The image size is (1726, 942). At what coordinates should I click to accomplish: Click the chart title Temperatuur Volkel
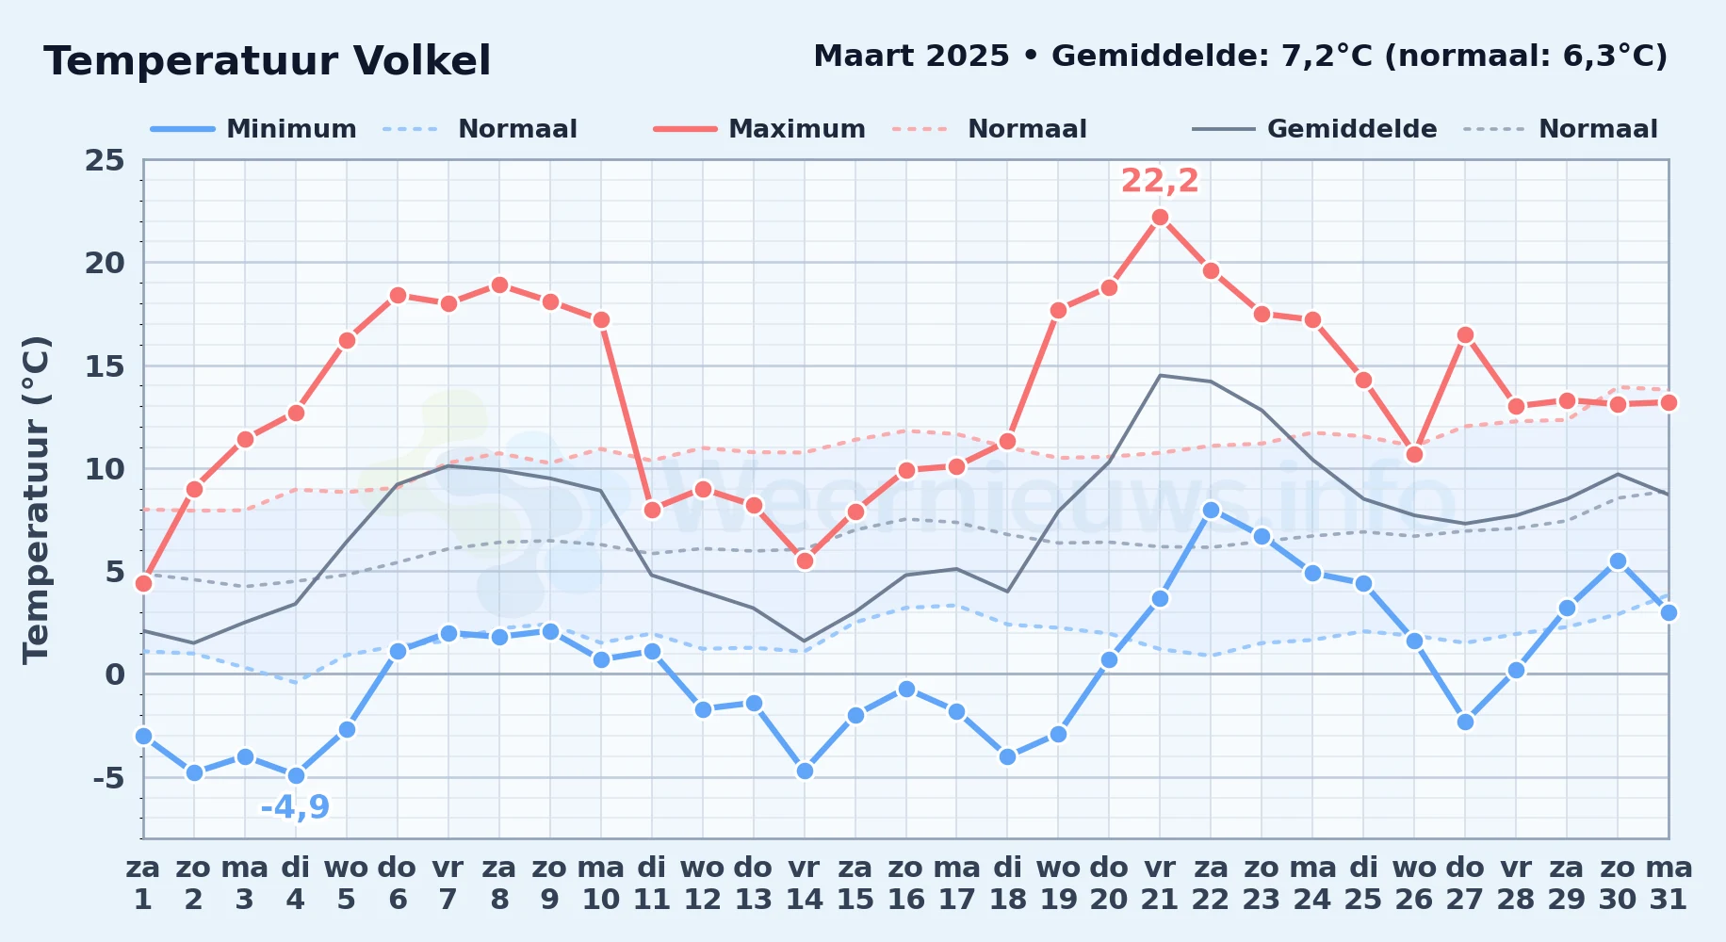(x=267, y=61)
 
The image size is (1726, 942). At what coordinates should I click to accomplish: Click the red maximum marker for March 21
(x=1160, y=217)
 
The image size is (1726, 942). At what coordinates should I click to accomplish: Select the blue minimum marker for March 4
(x=296, y=775)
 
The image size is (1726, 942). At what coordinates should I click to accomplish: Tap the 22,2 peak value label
(x=1160, y=181)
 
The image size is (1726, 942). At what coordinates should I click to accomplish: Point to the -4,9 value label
(x=295, y=807)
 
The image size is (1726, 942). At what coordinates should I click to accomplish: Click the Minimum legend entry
(x=253, y=129)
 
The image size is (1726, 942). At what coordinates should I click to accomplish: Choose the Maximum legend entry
(x=759, y=129)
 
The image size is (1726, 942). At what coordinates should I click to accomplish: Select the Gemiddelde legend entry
(x=1314, y=129)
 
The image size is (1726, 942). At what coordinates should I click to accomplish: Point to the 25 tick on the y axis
(x=105, y=160)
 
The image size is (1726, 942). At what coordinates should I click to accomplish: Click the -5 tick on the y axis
(x=108, y=777)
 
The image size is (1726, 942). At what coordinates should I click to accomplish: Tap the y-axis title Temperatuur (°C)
(x=36, y=499)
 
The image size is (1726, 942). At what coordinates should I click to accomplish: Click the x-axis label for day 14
(x=805, y=884)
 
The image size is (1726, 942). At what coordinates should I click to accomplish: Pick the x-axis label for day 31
(x=1669, y=884)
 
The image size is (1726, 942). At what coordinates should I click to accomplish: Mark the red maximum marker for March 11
(x=652, y=510)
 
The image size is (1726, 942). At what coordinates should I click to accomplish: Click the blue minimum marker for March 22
(x=1211, y=510)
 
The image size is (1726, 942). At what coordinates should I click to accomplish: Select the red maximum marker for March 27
(x=1465, y=334)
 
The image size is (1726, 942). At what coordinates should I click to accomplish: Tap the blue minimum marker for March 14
(x=805, y=771)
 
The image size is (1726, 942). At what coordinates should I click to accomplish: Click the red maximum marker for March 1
(x=143, y=583)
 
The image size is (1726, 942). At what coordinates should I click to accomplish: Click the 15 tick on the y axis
(x=105, y=365)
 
